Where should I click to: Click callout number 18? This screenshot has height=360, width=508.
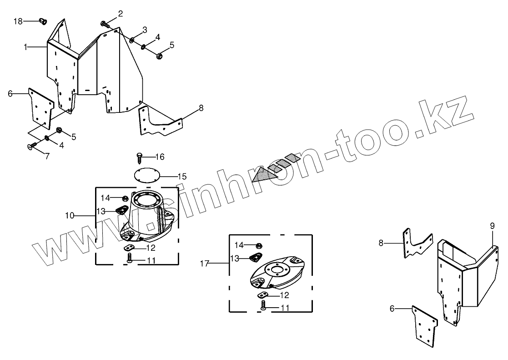click(18, 21)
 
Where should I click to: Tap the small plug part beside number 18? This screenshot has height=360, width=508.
click(44, 21)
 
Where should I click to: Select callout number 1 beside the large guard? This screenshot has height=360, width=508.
click(26, 47)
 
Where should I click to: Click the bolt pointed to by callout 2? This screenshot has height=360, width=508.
click(105, 24)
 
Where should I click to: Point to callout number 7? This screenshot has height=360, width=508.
click(47, 156)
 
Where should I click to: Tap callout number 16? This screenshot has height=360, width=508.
click(159, 157)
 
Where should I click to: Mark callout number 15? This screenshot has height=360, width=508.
click(182, 176)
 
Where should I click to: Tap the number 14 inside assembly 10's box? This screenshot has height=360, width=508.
click(106, 198)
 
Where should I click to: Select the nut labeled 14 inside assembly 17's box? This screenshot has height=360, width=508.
click(258, 245)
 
